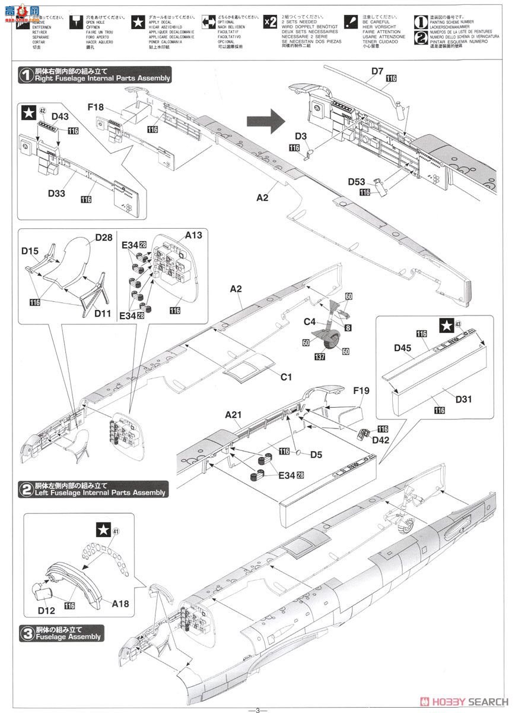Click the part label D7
pos(377,72)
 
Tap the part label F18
pos(96,108)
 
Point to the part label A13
pos(193,236)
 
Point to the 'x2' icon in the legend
pos(270,22)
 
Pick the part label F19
pos(361,392)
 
